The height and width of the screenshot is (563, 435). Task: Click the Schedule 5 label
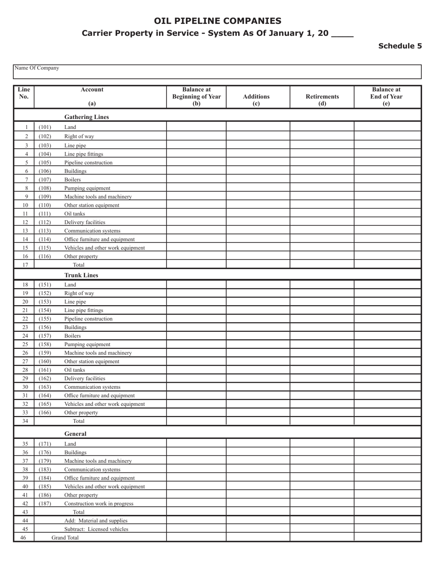[x=400, y=46]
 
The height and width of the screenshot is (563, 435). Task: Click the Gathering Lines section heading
[x=87, y=117]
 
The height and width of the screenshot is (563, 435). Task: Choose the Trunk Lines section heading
[x=81, y=276]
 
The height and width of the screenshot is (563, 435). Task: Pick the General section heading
[x=75, y=434]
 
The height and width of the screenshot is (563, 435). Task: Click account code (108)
[x=45, y=188]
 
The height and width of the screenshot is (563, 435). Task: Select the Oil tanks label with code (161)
[x=75, y=370]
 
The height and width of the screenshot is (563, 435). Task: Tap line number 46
[x=24, y=538]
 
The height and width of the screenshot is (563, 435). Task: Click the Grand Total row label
[x=65, y=538]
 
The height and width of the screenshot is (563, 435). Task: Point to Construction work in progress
[x=99, y=503]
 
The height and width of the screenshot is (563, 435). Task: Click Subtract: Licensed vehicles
[x=96, y=529]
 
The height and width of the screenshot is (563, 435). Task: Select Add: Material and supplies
[x=96, y=520]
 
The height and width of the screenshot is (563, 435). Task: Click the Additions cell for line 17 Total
[x=258, y=265]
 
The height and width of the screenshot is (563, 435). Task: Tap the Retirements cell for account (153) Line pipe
[x=322, y=302]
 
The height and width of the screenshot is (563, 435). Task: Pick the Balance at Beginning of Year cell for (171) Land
[x=196, y=444]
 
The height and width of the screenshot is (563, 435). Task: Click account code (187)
[x=45, y=503]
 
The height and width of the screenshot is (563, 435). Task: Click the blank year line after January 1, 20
[x=342, y=34]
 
